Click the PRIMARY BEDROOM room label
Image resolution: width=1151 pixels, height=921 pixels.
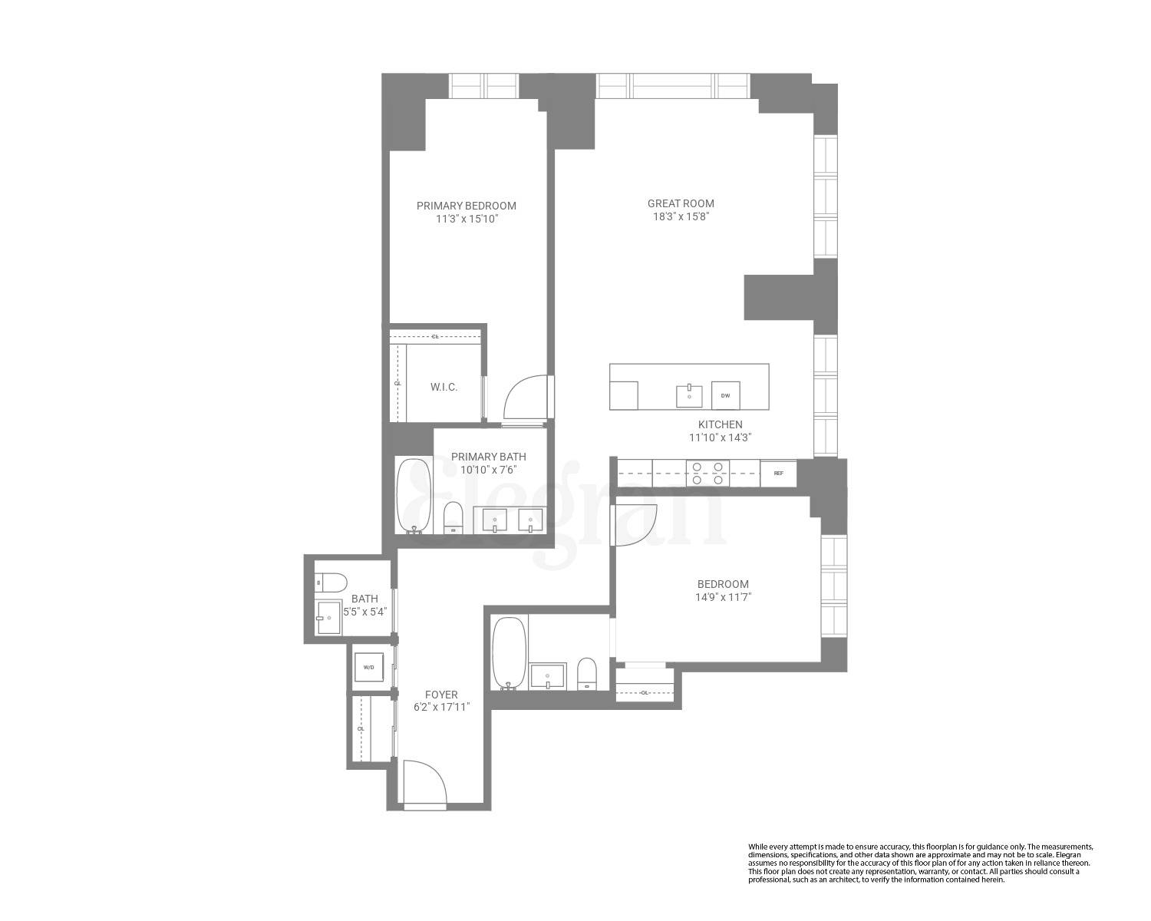pos(466,206)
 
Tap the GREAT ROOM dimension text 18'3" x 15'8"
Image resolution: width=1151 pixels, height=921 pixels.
pos(681,216)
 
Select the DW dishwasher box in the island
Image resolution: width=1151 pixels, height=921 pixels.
pos(725,396)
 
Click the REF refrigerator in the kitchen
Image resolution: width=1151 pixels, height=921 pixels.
pos(778,474)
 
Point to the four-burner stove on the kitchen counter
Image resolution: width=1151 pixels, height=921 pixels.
pos(707,473)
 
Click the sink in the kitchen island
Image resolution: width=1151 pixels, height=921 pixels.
pos(689,396)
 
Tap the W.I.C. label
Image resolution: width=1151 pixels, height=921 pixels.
pos(444,387)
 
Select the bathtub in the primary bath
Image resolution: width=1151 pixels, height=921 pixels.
pos(414,496)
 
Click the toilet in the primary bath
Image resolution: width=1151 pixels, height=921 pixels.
pos(453,517)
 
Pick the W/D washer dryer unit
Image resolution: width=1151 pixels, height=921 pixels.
pos(368,667)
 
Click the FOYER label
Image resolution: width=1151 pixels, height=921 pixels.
pos(441,695)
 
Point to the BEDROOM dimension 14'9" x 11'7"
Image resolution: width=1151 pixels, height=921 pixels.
pos(723,597)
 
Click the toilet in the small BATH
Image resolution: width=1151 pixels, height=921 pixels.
pos(331,583)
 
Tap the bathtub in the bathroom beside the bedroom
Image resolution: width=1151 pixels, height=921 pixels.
pos(508,653)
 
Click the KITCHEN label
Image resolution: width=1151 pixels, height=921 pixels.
pos(720,424)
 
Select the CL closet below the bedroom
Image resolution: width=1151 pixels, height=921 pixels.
pos(645,692)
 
